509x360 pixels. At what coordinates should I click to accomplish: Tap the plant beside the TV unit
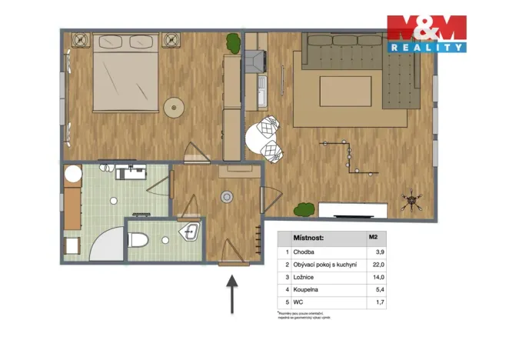click(x=304, y=208)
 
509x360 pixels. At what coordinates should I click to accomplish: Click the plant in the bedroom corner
click(x=231, y=43)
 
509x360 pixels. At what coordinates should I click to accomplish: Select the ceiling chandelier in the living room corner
click(x=414, y=202)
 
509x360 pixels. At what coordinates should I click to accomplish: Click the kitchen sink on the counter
click(x=261, y=96)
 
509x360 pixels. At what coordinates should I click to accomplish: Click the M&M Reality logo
click(x=426, y=34)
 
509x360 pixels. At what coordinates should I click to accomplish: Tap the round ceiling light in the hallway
click(x=227, y=197)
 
